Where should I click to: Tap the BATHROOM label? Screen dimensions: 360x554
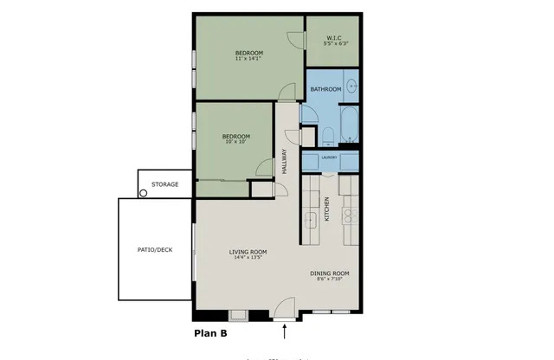tap(325, 89)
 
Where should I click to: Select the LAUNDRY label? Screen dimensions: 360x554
tap(329, 157)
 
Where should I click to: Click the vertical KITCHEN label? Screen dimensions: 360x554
tap(327, 210)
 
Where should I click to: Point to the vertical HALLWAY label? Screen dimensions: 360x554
tap(283, 161)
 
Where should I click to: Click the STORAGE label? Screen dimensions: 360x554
tap(165, 184)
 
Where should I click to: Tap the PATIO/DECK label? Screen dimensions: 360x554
tap(155, 249)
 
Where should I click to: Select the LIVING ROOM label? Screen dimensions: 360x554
tap(246, 252)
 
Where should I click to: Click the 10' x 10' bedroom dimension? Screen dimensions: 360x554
tap(235, 142)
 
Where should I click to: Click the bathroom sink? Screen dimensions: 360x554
tap(352, 85)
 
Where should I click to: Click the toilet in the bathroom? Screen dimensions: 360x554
tap(327, 134)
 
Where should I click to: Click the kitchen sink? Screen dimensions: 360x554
tap(310, 220)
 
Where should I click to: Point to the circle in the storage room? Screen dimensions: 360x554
tap(144, 193)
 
